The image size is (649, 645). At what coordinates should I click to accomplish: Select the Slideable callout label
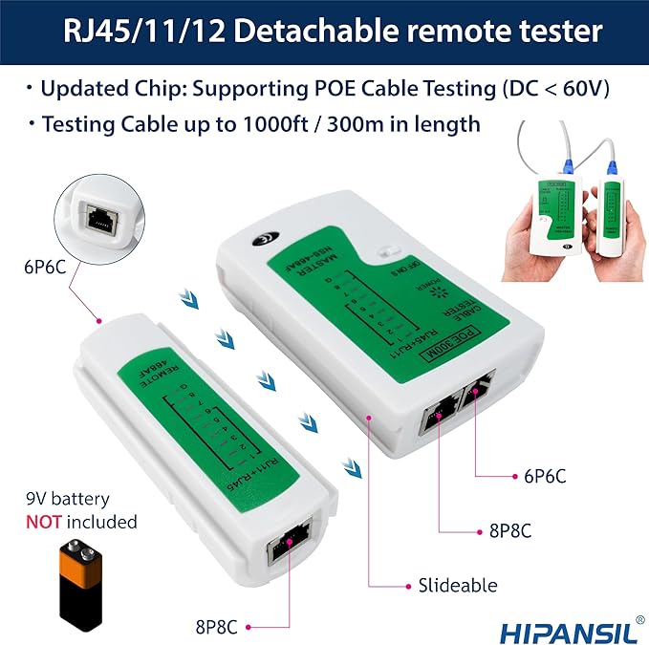[x=457, y=585]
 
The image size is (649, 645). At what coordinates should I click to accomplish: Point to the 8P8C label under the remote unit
[x=215, y=627]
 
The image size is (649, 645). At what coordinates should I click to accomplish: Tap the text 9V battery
[x=68, y=500]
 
